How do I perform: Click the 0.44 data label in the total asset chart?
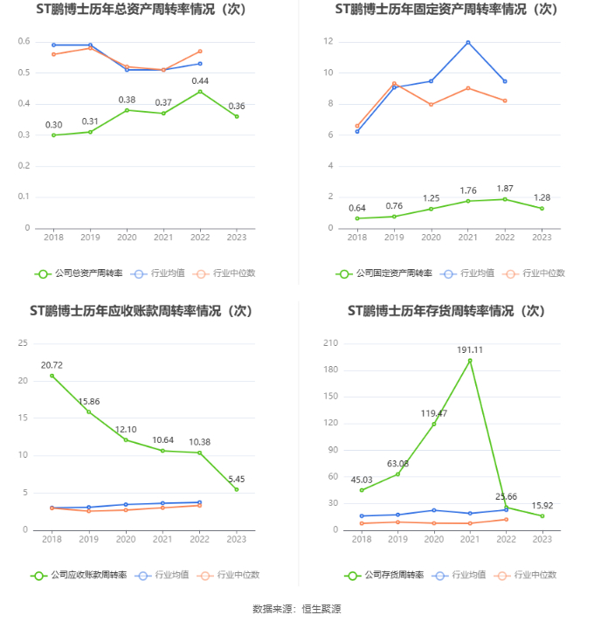click(x=200, y=80)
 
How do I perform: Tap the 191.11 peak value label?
click(x=470, y=349)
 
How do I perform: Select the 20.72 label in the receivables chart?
click(x=52, y=364)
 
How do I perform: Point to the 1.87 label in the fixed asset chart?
click(x=505, y=188)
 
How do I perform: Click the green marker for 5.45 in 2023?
click(x=237, y=489)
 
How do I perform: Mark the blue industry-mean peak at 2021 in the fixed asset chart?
click(x=468, y=42)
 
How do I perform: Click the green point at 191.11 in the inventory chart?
click(x=470, y=361)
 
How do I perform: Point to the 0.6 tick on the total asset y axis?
click(x=24, y=42)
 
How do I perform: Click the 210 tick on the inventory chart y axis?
click(x=330, y=343)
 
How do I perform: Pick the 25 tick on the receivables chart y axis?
click(x=23, y=343)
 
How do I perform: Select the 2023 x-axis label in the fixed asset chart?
click(x=542, y=238)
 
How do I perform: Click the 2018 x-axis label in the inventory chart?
click(x=361, y=539)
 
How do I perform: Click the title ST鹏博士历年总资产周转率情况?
click(x=140, y=10)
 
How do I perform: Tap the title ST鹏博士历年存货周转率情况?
click(x=445, y=311)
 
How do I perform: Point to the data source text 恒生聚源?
click(x=321, y=609)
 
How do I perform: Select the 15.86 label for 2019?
click(x=89, y=401)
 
